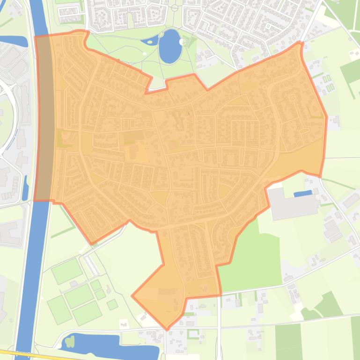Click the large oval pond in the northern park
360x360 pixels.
pos(169,46)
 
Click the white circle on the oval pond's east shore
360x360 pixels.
pos(182,42)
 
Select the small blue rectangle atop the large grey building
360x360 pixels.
pos(302,193)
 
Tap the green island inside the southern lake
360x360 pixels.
pos(70,342)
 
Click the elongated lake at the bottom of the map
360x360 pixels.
pos(112,345)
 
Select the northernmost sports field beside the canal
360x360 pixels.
pos(67,271)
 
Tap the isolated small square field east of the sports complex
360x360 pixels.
pos(112,305)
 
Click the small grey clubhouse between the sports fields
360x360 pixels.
pos(73,284)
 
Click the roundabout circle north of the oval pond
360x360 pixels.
pos(175,8)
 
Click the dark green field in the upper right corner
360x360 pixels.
pos(351,70)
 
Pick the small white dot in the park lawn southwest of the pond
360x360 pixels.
pos(145,54)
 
